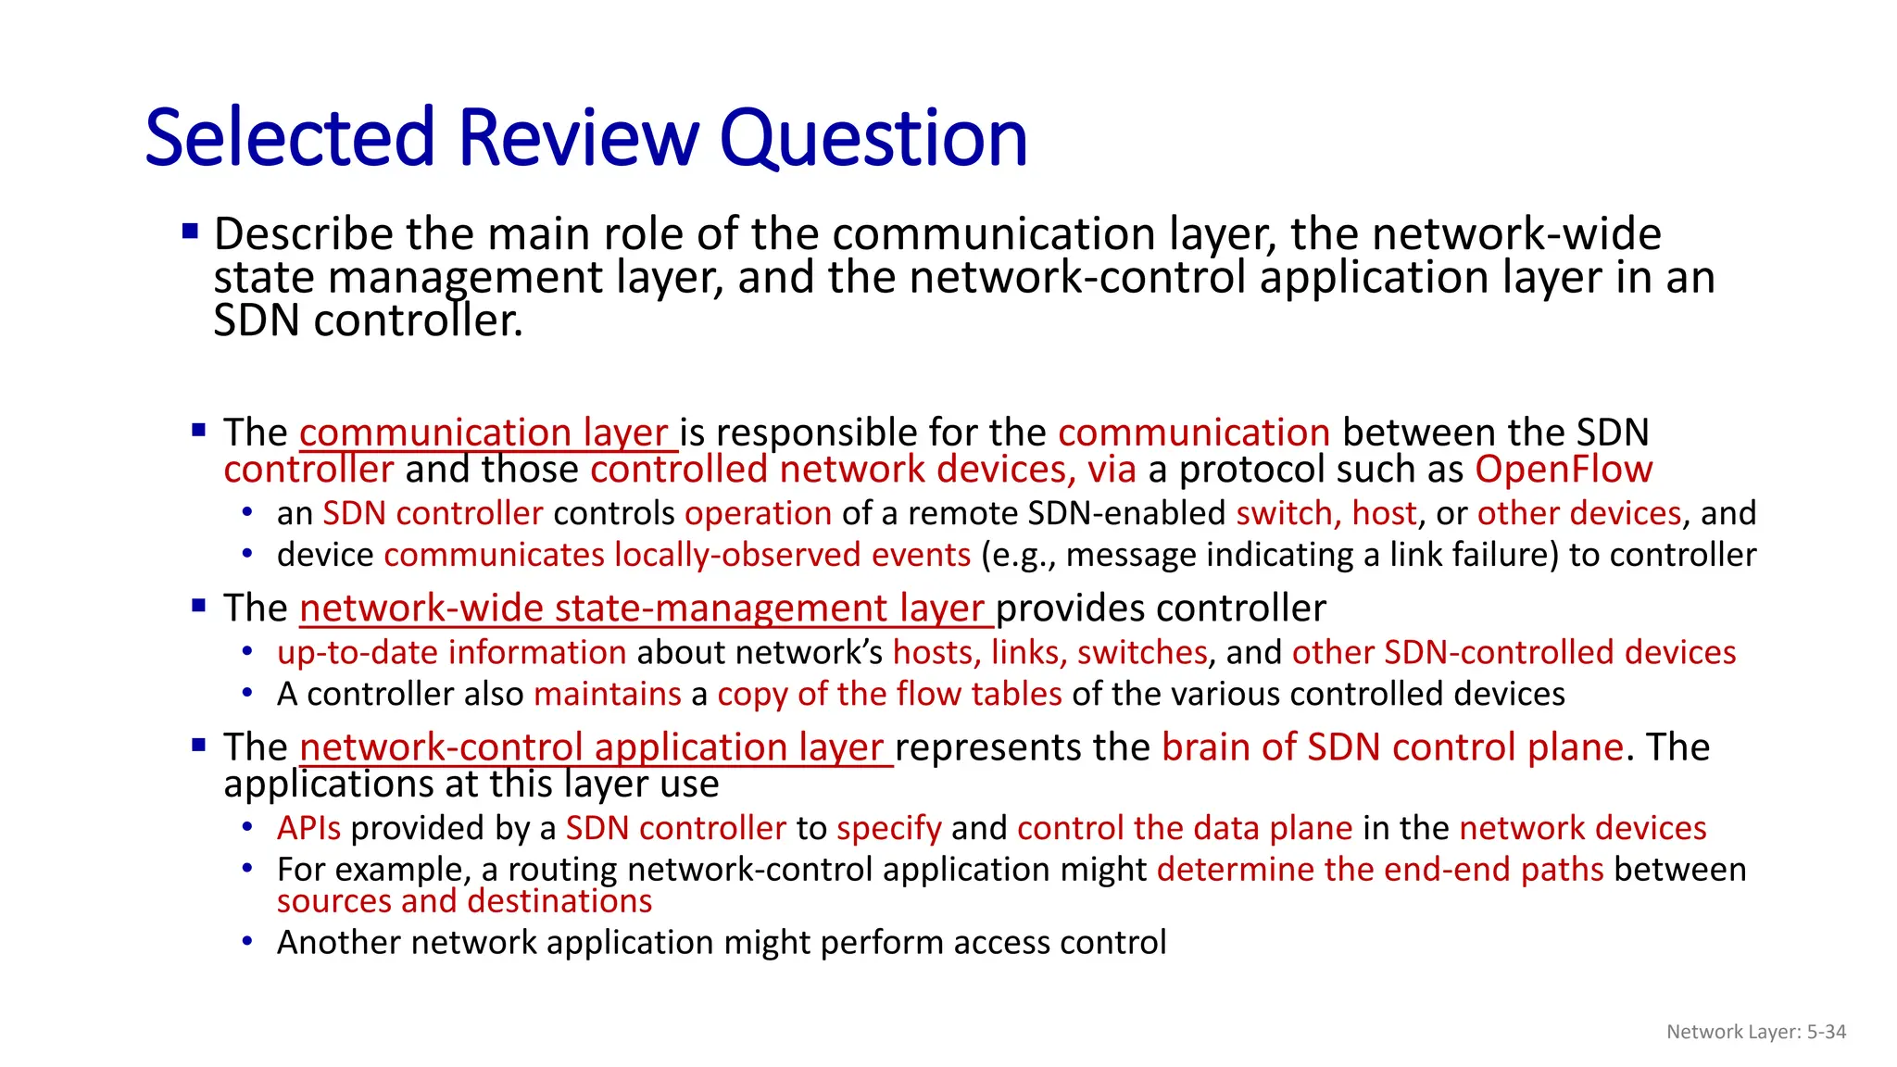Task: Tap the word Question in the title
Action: point(873,139)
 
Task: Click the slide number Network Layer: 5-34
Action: point(1755,1032)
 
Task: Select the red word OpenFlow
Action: point(1564,470)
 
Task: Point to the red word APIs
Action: point(308,828)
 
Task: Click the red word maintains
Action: point(608,695)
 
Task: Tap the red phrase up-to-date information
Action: point(452,653)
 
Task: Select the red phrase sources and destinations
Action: point(464,901)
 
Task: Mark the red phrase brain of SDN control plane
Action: point(1392,747)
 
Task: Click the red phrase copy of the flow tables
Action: point(889,695)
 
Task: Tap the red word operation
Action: point(758,513)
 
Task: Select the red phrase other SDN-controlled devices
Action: point(1514,653)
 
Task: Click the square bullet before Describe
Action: point(191,232)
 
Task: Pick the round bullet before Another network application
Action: point(247,941)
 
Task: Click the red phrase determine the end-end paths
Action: point(1380,870)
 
